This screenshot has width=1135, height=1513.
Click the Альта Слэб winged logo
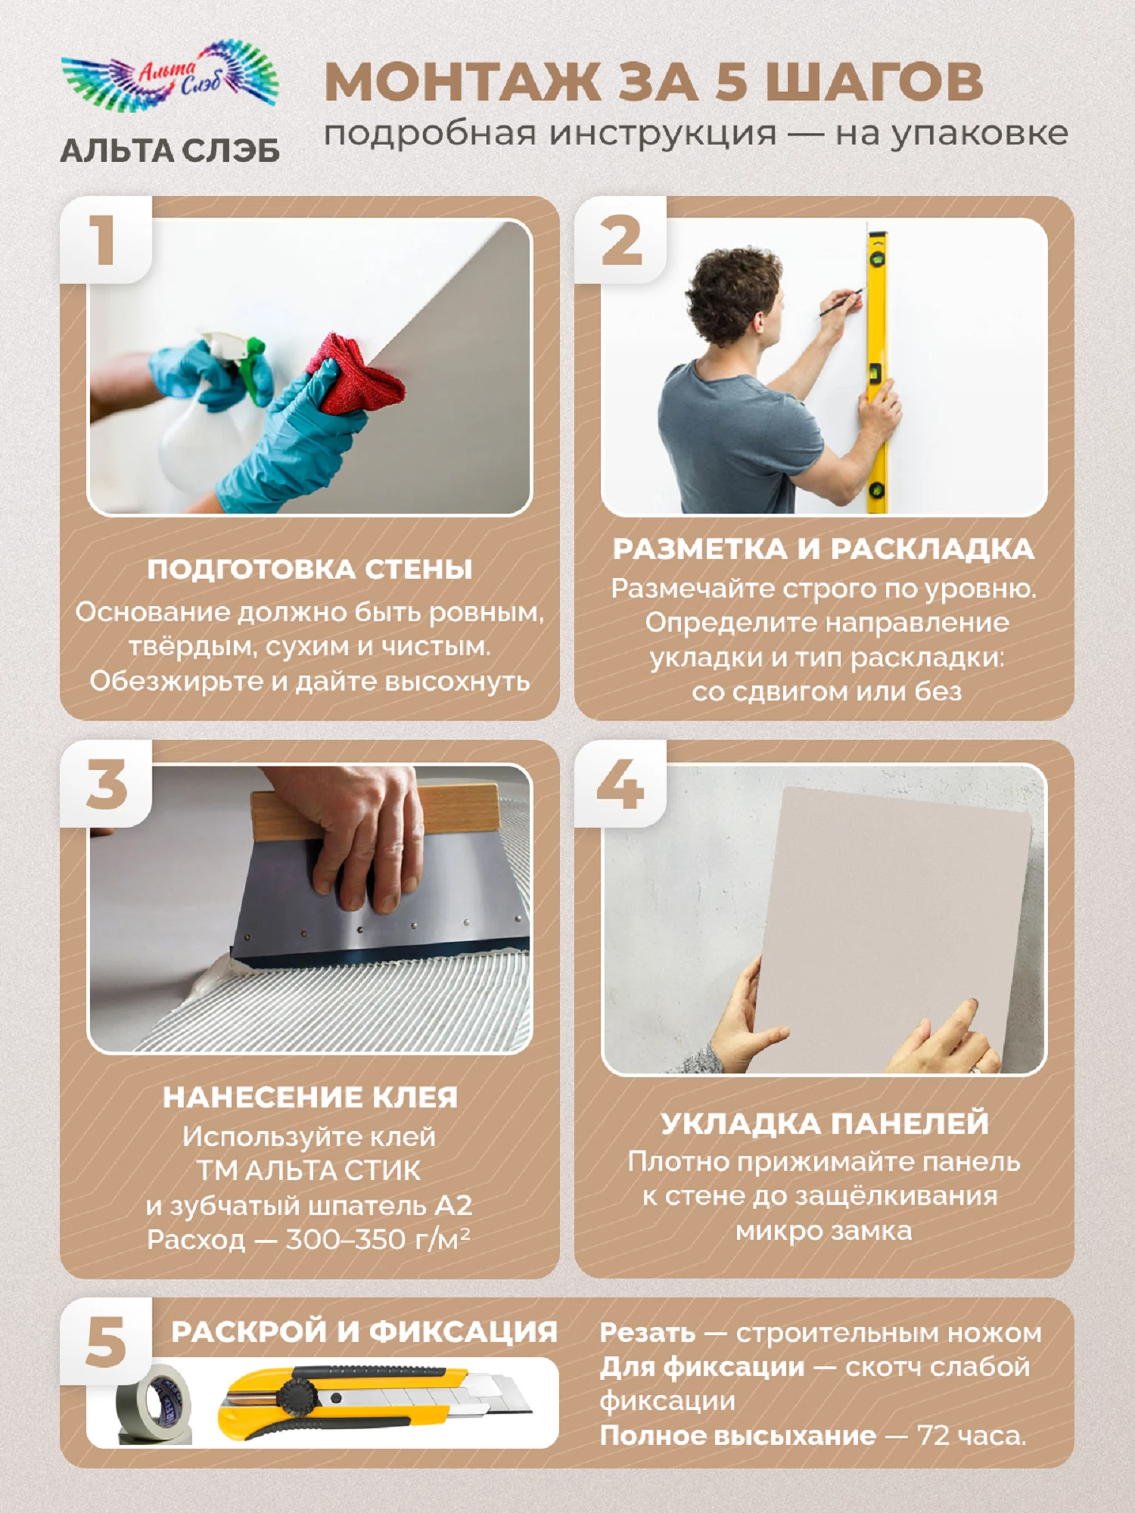tap(170, 76)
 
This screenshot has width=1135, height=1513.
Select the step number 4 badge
tap(620, 784)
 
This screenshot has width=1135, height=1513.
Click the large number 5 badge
tap(106, 1342)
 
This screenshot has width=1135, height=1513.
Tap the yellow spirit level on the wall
tap(877, 371)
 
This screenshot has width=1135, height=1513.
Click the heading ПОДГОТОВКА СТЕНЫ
tap(309, 569)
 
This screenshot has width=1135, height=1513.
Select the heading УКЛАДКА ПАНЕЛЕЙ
tap(824, 1123)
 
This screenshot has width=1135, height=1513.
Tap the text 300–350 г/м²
tap(378, 1239)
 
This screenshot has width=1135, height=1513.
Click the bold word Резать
tap(647, 1333)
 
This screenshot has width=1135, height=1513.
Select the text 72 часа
tap(972, 1435)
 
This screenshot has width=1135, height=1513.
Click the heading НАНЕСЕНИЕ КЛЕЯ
tap(310, 1098)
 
